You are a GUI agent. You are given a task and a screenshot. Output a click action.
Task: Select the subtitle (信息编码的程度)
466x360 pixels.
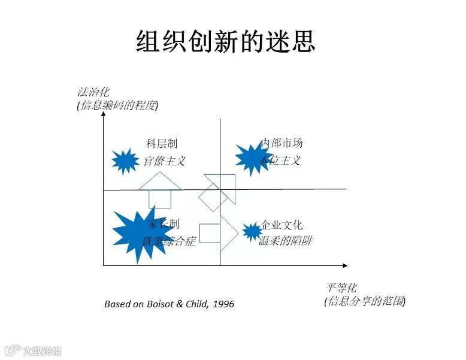(x=117, y=105)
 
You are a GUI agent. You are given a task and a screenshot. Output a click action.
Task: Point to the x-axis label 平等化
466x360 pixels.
(x=341, y=288)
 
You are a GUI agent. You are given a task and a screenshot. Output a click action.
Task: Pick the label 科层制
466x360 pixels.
(x=162, y=144)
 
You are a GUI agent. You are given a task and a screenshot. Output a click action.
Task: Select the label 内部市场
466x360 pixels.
(x=282, y=143)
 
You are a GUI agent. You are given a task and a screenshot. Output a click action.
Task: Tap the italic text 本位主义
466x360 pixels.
(x=280, y=160)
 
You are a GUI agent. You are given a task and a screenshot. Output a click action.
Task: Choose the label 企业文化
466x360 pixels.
(x=282, y=225)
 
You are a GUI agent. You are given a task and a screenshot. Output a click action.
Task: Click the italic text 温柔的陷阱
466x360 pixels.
(x=285, y=241)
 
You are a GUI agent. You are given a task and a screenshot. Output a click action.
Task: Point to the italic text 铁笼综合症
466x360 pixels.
(x=168, y=241)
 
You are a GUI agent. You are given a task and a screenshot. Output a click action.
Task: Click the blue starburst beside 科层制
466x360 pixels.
(x=125, y=161)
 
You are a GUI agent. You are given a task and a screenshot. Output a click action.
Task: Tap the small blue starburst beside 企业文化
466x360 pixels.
(x=252, y=231)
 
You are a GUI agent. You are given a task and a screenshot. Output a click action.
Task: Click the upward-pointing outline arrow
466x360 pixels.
(x=159, y=189)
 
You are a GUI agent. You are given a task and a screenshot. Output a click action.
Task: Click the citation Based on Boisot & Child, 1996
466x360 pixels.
(x=169, y=304)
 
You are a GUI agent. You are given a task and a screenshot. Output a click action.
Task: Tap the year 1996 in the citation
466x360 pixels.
(x=223, y=304)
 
